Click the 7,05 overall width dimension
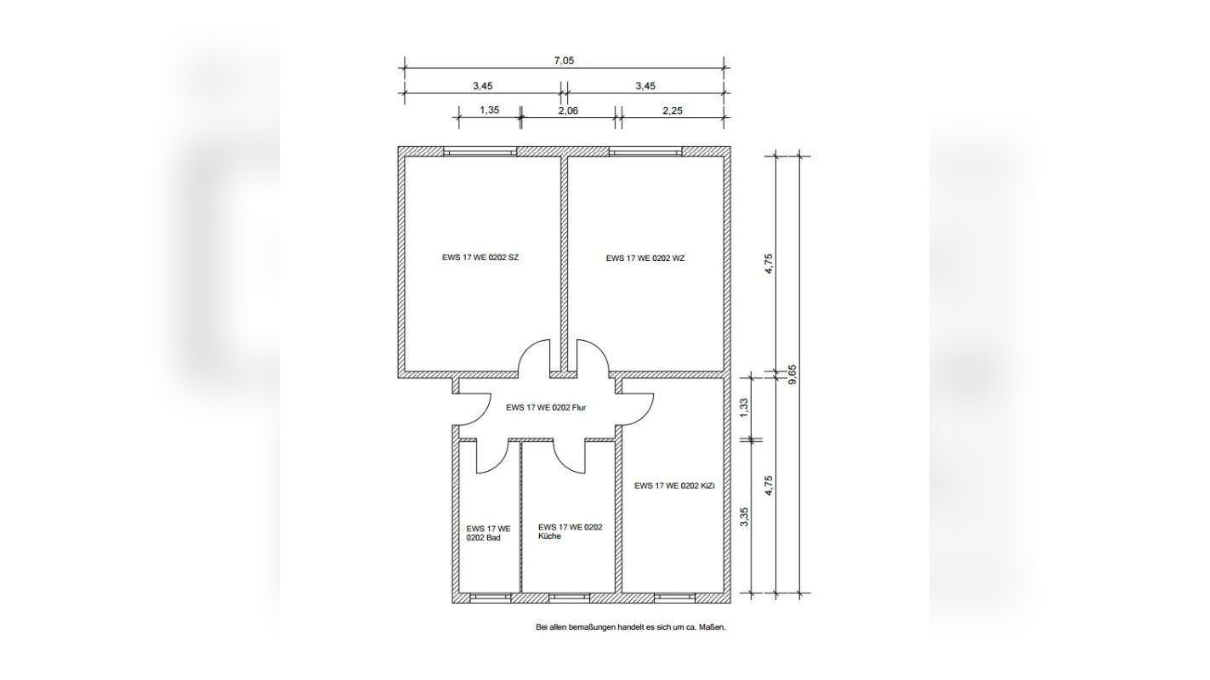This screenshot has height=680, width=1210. (x=564, y=60)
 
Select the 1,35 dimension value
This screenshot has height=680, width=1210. (x=490, y=110)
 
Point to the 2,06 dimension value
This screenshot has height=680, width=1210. (x=568, y=110)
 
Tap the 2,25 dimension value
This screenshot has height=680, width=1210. (x=673, y=110)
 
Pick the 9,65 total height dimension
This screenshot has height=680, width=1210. (x=793, y=374)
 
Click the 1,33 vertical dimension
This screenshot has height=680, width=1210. (x=744, y=408)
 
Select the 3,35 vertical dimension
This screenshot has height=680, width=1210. (x=744, y=517)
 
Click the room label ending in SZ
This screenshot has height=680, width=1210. (x=480, y=258)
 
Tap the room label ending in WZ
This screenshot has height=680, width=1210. (x=645, y=258)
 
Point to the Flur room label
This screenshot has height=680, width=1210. (x=546, y=408)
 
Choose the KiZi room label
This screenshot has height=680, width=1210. (x=674, y=485)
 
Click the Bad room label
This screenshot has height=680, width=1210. (x=488, y=533)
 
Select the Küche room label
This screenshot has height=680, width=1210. (x=570, y=531)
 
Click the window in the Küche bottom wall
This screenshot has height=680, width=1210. (x=570, y=598)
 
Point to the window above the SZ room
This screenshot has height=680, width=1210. (x=480, y=152)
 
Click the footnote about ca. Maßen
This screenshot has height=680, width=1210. (x=631, y=627)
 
